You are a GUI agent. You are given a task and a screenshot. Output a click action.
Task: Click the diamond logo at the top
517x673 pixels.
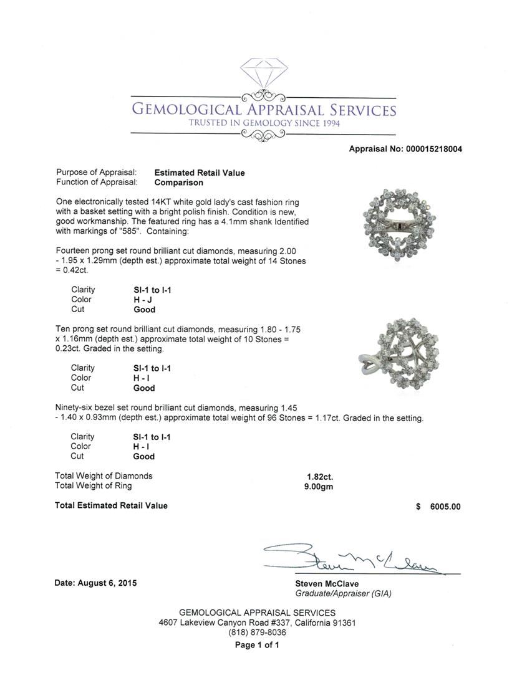click(262, 75)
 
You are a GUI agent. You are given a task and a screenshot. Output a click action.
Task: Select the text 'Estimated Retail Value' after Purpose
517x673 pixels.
click(200, 173)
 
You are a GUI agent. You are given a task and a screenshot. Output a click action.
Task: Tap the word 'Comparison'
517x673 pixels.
click(179, 183)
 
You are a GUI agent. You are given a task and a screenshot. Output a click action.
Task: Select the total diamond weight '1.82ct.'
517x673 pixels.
click(314, 476)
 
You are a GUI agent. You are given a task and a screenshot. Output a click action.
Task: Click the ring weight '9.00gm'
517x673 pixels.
click(316, 486)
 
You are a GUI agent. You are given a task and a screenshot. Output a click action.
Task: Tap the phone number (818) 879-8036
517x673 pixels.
click(258, 632)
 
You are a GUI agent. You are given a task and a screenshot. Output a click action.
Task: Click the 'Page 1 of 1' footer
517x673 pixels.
click(257, 646)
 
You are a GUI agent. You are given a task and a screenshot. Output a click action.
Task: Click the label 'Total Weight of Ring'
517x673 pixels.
click(94, 486)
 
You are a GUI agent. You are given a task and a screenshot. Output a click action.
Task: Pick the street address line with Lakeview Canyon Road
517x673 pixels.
click(258, 623)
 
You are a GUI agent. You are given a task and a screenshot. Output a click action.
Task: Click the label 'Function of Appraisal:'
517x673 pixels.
click(96, 183)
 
